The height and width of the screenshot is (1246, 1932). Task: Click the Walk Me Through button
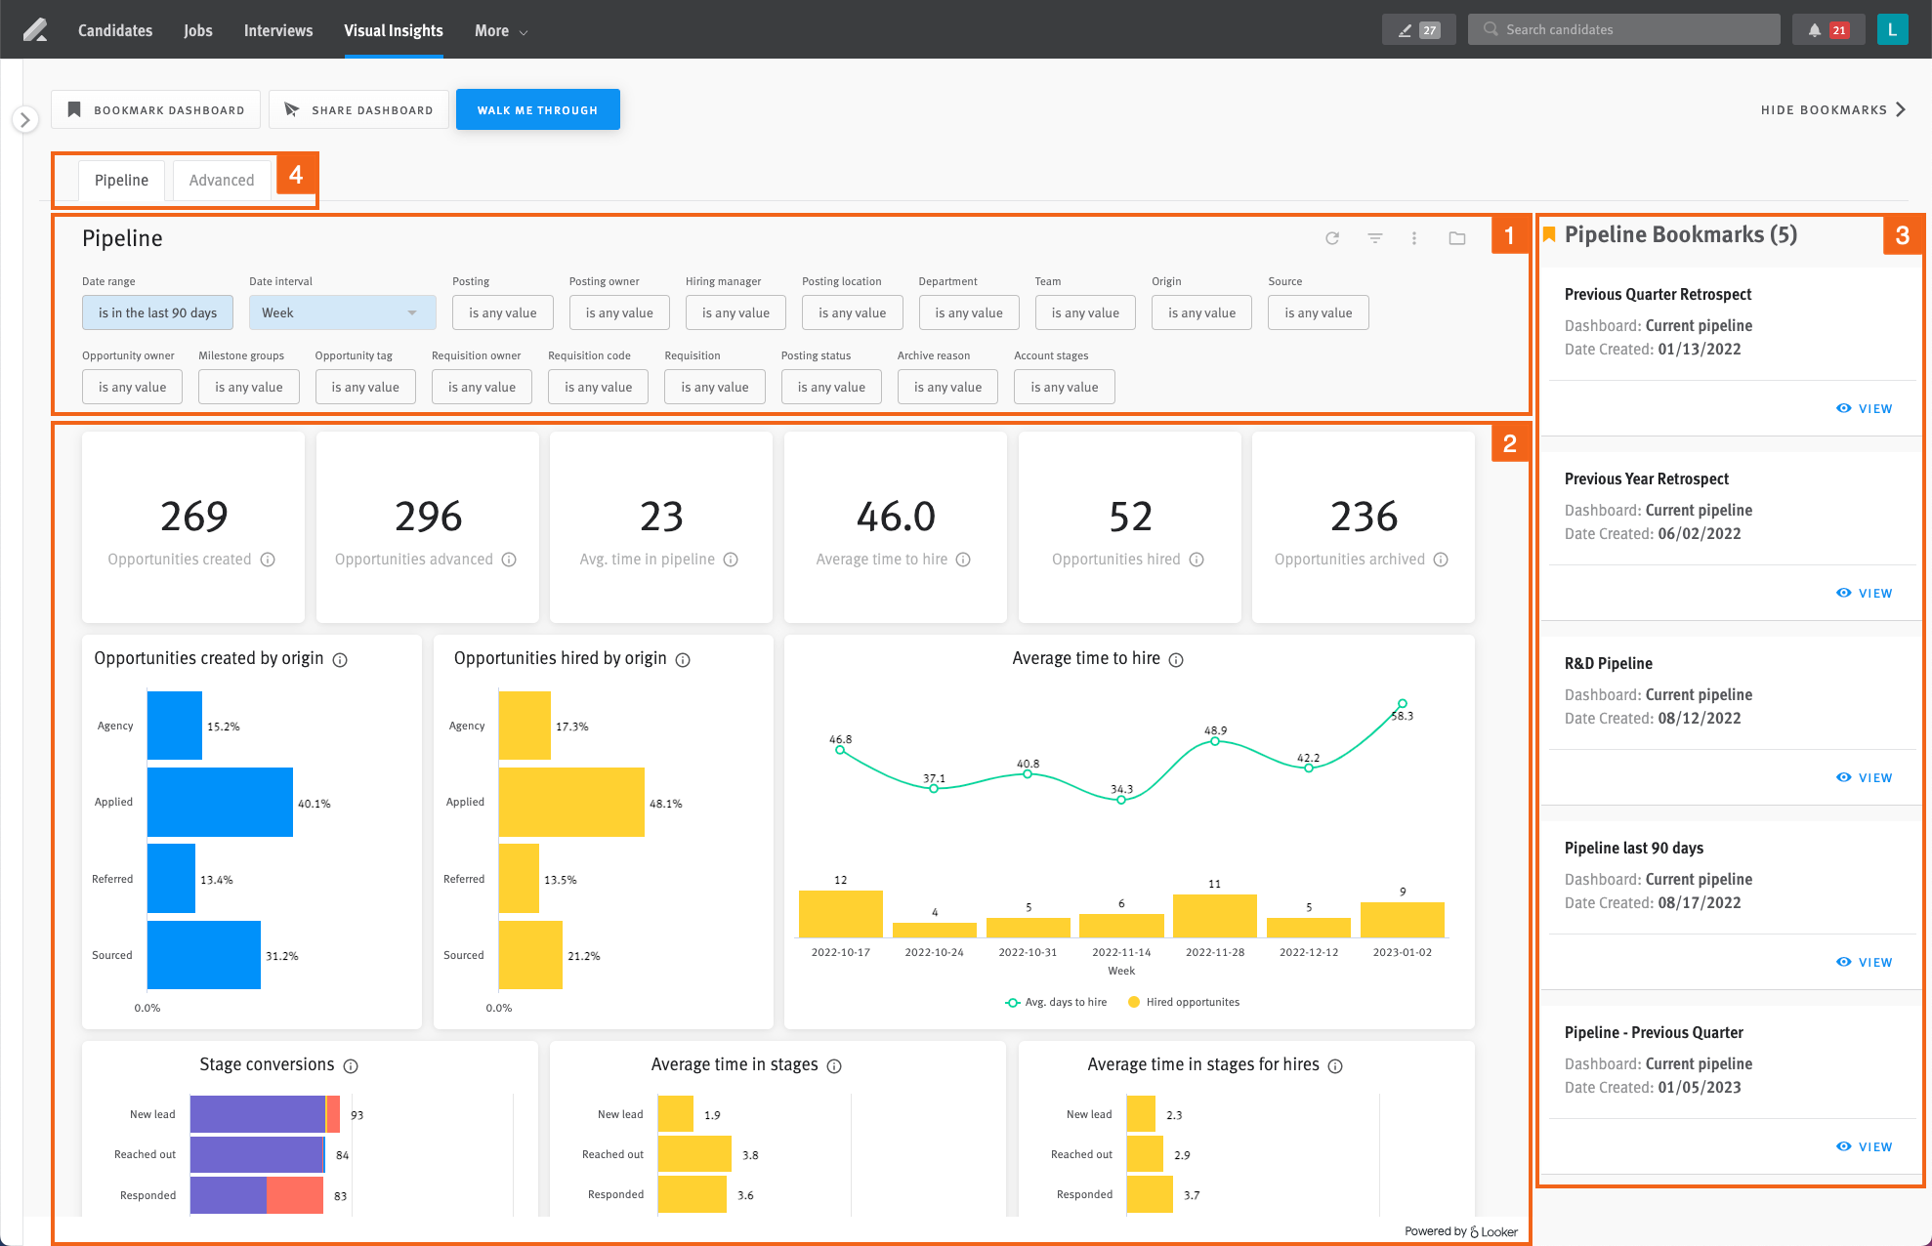537,109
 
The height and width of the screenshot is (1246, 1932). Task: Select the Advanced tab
222,181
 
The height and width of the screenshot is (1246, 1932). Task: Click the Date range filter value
157,312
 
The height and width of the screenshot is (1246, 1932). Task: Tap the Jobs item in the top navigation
198,30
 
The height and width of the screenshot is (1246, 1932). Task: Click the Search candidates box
1623,29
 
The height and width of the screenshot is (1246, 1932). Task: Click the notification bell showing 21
1827,30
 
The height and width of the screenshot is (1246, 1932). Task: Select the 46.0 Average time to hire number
896,516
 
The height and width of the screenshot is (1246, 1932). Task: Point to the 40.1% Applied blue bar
220,803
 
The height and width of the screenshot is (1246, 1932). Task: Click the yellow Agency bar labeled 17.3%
525,726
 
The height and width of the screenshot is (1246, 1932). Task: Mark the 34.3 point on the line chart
1121,800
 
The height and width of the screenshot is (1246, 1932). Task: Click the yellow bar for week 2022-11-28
1214,916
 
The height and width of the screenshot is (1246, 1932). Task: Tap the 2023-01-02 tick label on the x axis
1402,952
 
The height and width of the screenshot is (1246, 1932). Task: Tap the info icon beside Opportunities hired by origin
683,660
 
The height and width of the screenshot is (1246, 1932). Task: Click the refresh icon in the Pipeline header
1332,238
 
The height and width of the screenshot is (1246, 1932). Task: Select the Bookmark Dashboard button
155,109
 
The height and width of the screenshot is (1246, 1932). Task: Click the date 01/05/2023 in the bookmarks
1699,1088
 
